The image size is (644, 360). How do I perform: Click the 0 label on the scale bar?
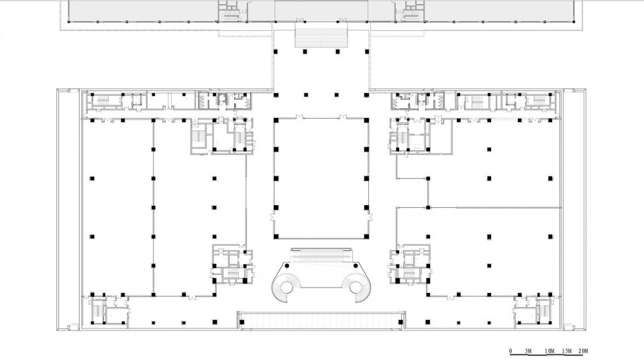[511, 351]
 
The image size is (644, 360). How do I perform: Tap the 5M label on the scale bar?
[528, 351]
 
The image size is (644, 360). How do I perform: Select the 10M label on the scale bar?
[549, 351]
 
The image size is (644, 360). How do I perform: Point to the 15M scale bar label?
[567, 351]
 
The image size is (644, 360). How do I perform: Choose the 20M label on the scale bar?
[583, 351]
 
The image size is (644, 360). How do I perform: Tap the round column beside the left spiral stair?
[287, 265]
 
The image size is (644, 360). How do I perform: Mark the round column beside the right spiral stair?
[356, 265]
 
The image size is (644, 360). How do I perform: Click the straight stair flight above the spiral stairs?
[321, 255]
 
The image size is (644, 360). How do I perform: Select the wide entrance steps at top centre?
[321, 36]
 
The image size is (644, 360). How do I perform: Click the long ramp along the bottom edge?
[321, 320]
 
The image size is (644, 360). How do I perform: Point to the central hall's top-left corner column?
[276, 120]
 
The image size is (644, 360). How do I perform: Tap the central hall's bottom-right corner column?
[366, 237]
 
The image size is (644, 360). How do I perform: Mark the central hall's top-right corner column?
[366, 120]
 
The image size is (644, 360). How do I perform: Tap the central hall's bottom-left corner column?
[276, 237]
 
